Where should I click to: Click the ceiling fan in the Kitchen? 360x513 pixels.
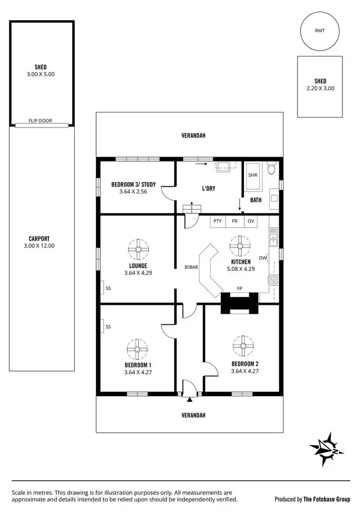click(x=239, y=246)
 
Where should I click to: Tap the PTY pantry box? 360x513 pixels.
click(x=218, y=221)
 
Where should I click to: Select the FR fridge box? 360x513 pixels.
click(x=235, y=221)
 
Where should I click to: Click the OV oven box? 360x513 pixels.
click(x=251, y=221)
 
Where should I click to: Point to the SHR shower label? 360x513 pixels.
click(x=252, y=175)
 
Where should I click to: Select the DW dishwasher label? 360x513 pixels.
click(x=263, y=258)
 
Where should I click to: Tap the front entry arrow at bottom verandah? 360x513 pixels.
click(x=190, y=399)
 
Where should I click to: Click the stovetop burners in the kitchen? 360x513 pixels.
click(x=273, y=280)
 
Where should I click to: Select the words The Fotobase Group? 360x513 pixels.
click(x=326, y=499)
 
